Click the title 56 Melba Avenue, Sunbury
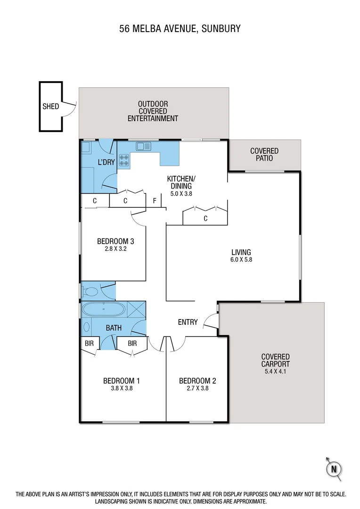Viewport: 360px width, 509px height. coord(180,29)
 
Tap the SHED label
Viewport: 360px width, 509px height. coord(50,106)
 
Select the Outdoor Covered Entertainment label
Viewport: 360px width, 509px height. coord(153,111)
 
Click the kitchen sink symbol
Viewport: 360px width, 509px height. coord(143,146)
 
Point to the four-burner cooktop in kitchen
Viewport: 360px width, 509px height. coord(124,160)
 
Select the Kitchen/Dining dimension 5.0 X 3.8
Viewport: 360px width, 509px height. coord(180,193)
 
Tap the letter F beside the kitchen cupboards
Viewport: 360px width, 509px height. coord(155,201)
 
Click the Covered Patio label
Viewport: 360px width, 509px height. coord(264,155)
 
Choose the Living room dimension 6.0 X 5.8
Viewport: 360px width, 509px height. coord(241,260)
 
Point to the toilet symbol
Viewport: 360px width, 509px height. coord(90,292)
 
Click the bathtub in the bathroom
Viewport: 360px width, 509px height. coord(104,310)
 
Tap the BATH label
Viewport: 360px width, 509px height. coord(113,328)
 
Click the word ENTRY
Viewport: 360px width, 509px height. coord(188,322)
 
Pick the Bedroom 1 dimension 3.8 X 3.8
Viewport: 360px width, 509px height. coord(121,389)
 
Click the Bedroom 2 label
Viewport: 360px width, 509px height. coord(197,381)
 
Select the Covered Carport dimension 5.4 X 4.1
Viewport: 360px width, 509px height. coord(276,371)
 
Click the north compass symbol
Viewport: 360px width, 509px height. coord(334,468)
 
